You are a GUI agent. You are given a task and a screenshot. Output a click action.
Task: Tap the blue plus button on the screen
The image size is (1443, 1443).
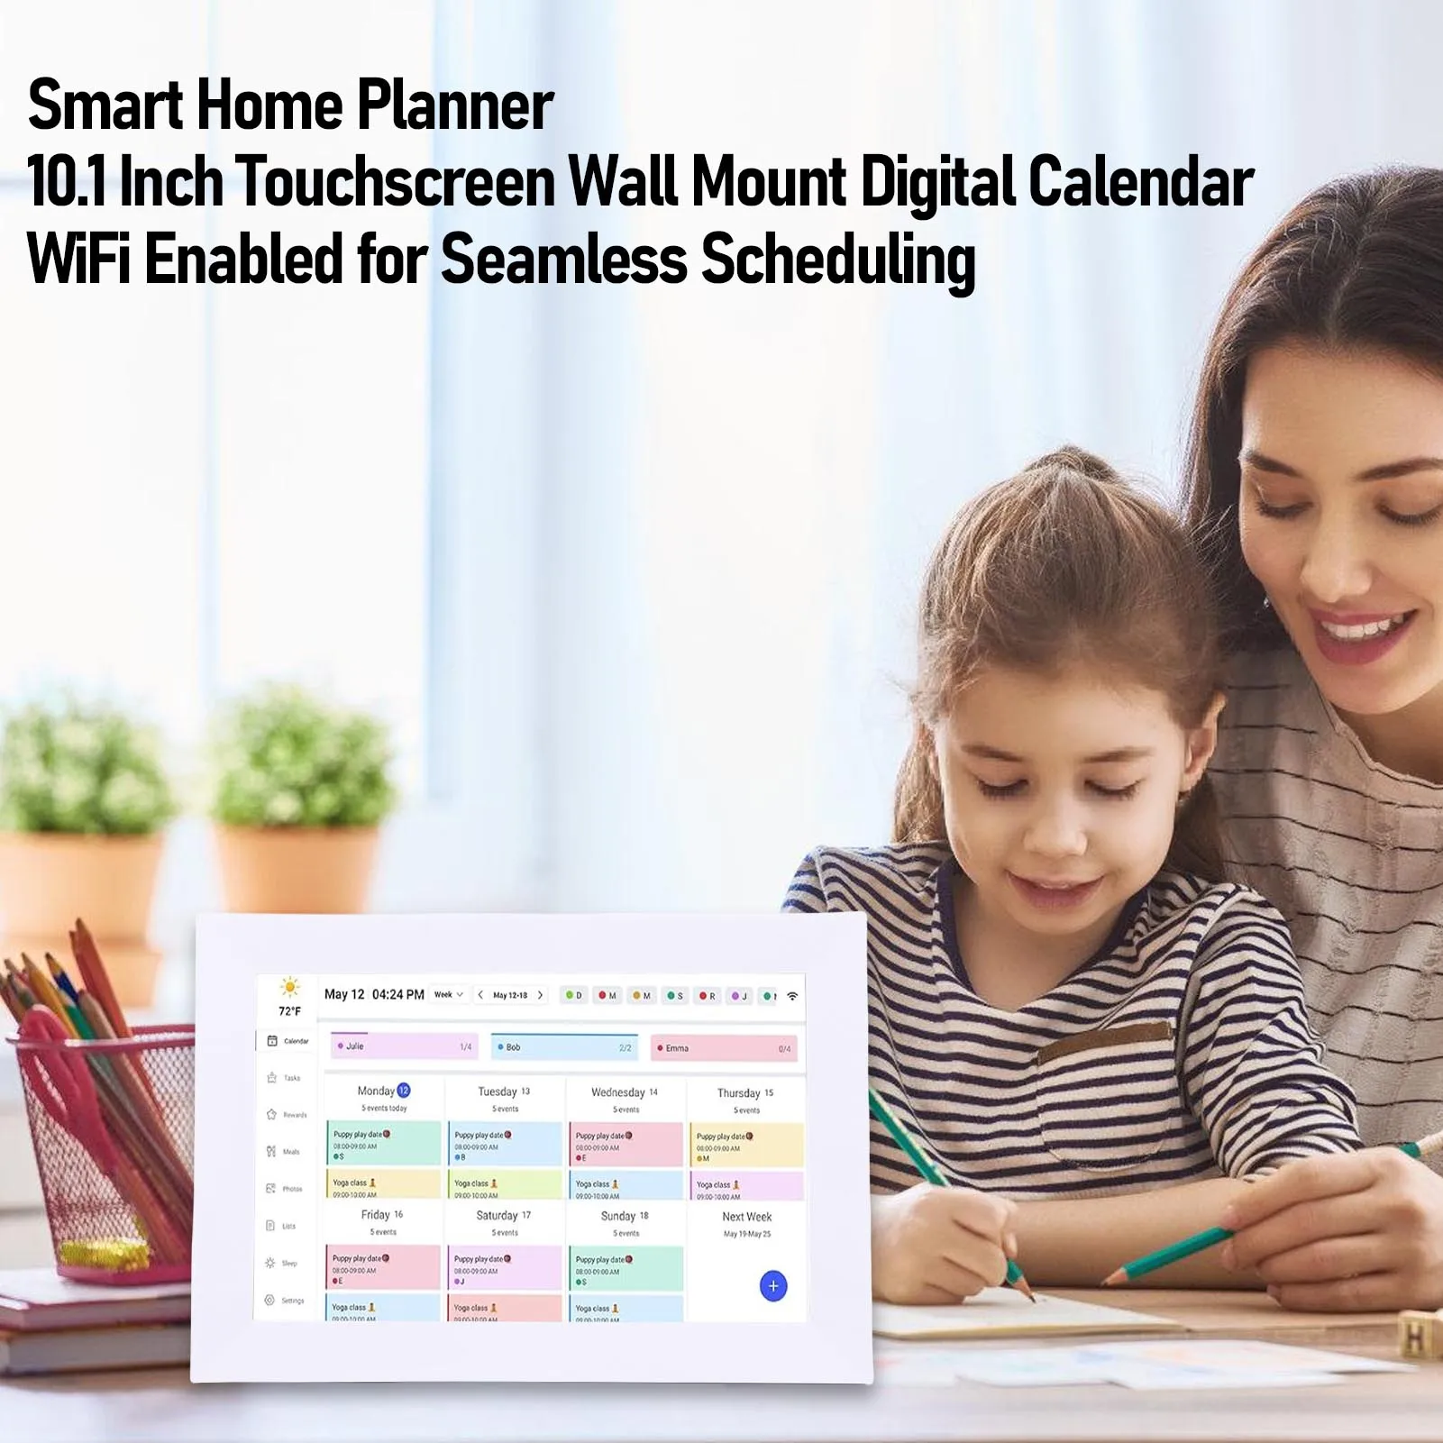click(772, 1285)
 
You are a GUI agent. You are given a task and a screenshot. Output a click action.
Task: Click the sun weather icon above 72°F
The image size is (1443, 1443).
click(289, 986)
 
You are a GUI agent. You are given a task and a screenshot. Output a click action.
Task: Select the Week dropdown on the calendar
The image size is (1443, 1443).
click(448, 995)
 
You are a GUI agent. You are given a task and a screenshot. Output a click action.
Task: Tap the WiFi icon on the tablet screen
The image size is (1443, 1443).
click(792, 996)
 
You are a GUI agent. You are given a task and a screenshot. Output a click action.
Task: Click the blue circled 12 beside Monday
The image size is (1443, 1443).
click(404, 1091)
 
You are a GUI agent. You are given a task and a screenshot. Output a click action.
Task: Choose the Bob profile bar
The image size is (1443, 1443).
click(564, 1047)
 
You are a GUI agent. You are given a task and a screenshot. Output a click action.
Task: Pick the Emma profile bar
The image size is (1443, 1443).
click(724, 1048)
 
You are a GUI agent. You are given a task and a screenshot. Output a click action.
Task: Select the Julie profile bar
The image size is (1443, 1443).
click(404, 1046)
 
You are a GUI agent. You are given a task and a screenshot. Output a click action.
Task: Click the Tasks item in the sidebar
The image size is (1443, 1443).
click(284, 1078)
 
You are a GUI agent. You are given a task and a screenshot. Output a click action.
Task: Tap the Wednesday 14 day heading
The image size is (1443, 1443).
click(625, 1092)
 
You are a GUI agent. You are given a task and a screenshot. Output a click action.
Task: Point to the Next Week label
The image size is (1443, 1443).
click(746, 1217)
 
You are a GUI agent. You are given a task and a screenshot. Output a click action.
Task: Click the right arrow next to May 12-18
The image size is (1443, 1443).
click(540, 995)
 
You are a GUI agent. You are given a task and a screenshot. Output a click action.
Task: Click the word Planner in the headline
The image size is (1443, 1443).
click(455, 106)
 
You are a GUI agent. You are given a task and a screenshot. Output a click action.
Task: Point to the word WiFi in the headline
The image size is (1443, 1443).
click(79, 259)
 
